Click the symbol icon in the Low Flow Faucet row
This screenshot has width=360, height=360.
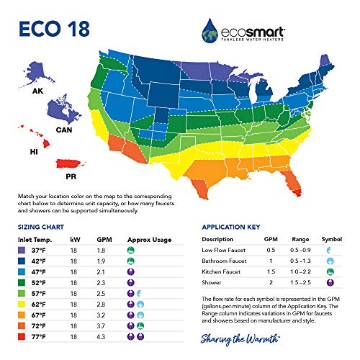click(330, 248)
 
